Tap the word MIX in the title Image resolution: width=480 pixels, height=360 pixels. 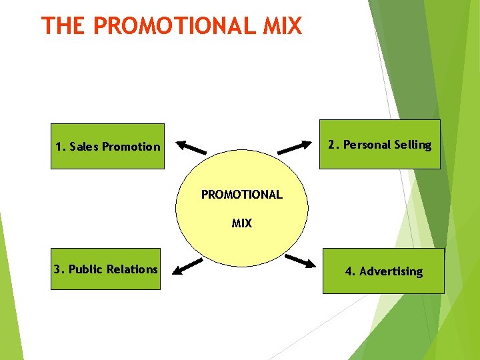[x=283, y=26]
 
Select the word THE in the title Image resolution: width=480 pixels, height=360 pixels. [x=63, y=26]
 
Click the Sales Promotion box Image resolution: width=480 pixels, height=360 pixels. [x=107, y=147]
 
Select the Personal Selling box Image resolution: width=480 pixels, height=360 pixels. [x=379, y=144]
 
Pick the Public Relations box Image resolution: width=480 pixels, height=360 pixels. [x=107, y=269]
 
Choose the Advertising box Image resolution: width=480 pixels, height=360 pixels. [x=383, y=271]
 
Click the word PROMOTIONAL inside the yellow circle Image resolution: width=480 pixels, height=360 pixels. [x=242, y=195]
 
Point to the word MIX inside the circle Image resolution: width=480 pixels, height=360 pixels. [x=242, y=223]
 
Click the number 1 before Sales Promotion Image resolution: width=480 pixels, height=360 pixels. [x=59, y=147]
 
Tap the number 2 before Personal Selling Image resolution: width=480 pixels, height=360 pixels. [x=332, y=144]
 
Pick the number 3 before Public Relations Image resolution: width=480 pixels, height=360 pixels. [x=58, y=269]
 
